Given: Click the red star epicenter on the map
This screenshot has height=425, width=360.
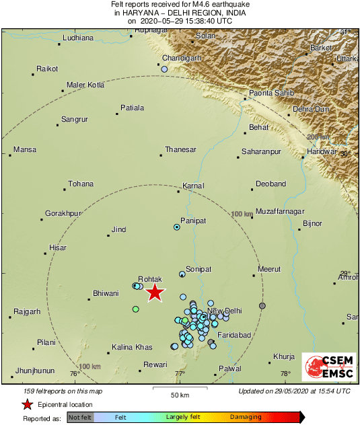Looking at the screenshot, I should (155, 292).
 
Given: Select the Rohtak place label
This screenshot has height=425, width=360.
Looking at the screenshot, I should (149, 278).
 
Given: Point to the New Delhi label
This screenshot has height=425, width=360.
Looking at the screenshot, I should (224, 311).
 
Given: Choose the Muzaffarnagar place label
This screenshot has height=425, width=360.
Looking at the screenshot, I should (281, 201).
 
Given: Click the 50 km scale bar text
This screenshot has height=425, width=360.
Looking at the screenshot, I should (178, 393).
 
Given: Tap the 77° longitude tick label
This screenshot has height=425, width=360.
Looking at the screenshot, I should (180, 373).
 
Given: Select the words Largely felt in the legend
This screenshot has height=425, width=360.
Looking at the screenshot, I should (186, 418).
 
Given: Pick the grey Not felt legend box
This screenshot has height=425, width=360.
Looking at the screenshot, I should (80, 418).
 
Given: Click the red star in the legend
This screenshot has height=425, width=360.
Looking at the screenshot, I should (27, 404).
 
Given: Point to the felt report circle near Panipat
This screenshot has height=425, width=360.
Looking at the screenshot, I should (177, 227).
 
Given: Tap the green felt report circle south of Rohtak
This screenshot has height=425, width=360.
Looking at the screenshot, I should (135, 309).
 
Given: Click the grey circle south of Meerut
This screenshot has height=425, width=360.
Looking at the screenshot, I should (262, 306).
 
